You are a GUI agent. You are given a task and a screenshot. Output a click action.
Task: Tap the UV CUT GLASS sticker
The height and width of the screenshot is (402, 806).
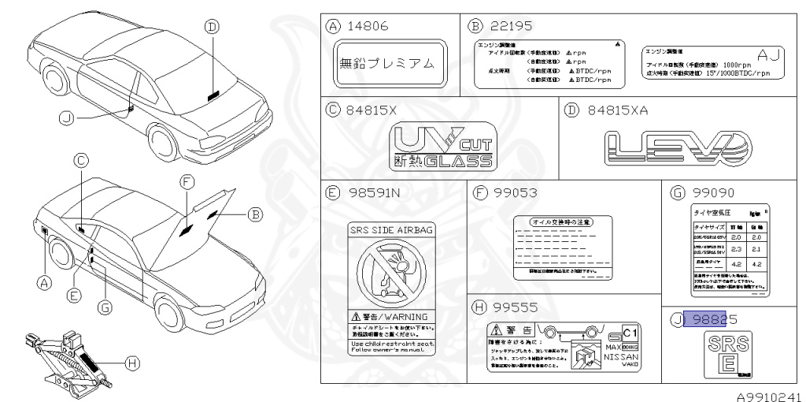(x=443, y=147)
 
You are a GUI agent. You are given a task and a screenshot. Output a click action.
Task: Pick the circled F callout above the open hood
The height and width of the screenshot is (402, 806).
(x=186, y=182)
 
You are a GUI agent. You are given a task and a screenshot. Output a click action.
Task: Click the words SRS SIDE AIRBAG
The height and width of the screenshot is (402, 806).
(x=390, y=228)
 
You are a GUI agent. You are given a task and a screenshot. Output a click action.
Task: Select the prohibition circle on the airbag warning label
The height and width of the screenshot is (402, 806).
(x=390, y=272)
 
